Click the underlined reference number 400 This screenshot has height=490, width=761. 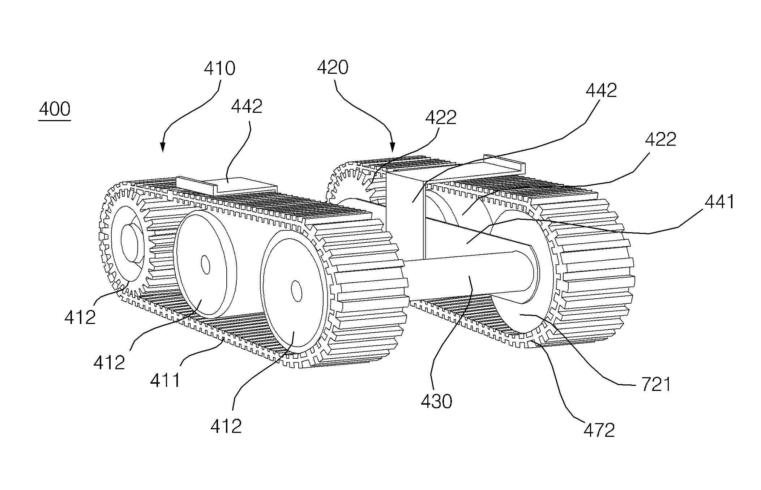point(55,109)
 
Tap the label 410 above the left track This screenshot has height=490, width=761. point(219,68)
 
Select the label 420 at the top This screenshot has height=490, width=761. point(333,67)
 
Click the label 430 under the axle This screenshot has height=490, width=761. point(436,401)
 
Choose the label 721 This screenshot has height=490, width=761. point(656,385)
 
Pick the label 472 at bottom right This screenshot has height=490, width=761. point(599,430)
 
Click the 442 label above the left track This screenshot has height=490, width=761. point(247,107)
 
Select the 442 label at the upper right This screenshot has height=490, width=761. point(601,90)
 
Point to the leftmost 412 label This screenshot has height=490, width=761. point(80,317)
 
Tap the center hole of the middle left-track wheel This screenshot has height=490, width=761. point(205,265)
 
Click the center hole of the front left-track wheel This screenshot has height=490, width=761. point(296,290)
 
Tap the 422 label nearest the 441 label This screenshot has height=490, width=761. point(660,140)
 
